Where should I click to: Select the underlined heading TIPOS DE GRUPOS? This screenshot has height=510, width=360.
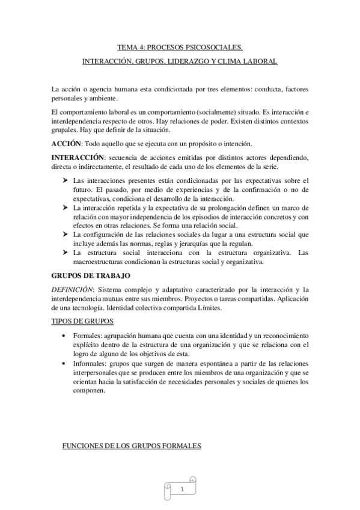pos(82,321)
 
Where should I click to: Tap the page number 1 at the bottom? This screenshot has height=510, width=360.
pos(181,491)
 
